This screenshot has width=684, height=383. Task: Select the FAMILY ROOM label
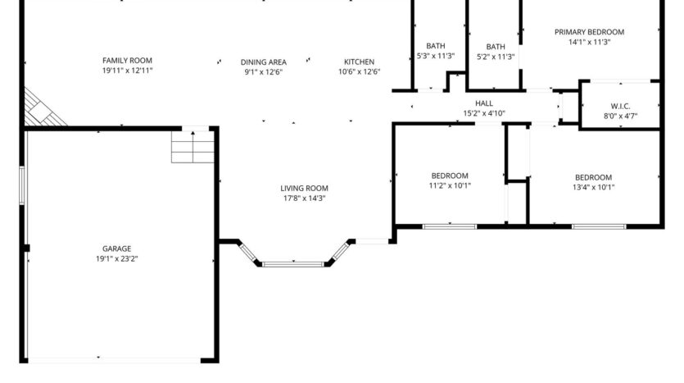[x=127, y=61]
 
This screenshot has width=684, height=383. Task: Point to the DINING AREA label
[x=263, y=62]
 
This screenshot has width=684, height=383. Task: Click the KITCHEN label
[x=359, y=62]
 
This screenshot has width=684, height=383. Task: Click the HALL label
[x=484, y=103]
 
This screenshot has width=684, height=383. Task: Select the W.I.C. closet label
[x=619, y=106]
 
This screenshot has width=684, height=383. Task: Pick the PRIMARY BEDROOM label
[x=589, y=32]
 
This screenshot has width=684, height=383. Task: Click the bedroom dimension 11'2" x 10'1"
[x=450, y=186]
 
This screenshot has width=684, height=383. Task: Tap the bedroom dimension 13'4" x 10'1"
[x=593, y=187]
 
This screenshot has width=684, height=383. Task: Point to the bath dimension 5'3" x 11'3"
[x=436, y=57]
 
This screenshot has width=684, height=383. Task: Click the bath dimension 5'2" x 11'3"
[x=496, y=57]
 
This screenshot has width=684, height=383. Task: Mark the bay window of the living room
[x=292, y=263]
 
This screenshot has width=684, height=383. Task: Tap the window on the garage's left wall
[x=23, y=189]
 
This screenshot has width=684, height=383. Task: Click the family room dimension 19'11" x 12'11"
[x=127, y=71]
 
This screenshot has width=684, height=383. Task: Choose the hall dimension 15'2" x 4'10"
[x=484, y=113]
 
